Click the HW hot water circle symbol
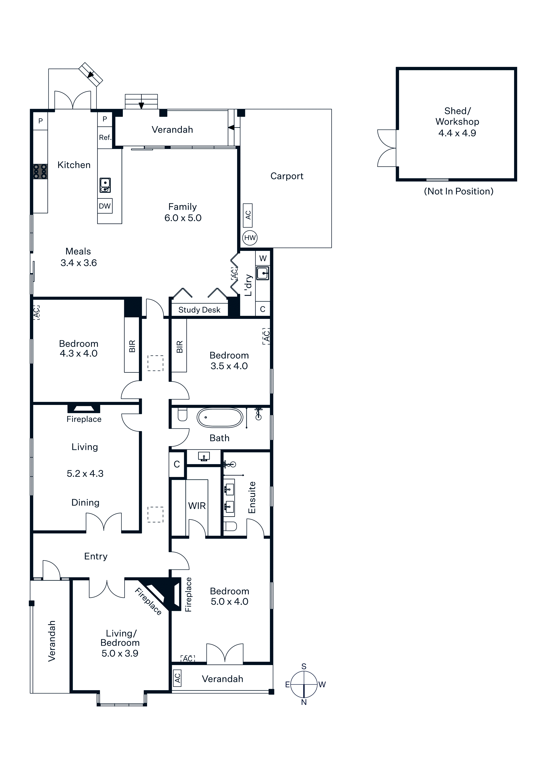[x=250, y=238]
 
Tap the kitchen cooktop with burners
[x=40, y=171]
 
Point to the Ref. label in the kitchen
[x=105, y=137]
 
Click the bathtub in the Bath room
[x=220, y=418]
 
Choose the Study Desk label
[x=199, y=310]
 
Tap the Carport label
[x=287, y=176]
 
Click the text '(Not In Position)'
[x=459, y=191]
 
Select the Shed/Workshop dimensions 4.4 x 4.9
[x=457, y=133]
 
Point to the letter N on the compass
[x=304, y=702]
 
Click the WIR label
[x=197, y=506]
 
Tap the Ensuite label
[x=252, y=498]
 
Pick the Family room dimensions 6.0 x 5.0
[x=183, y=218]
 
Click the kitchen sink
[x=105, y=185]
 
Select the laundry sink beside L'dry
[x=263, y=273]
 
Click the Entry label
[x=96, y=557]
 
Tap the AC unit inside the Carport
[x=248, y=215]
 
